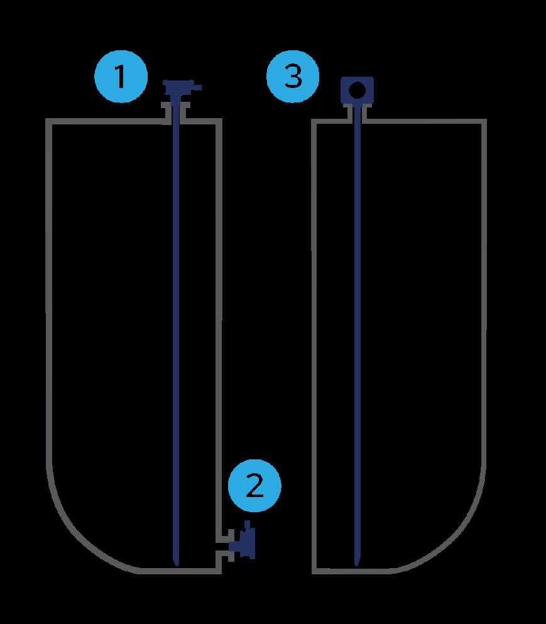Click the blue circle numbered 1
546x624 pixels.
tap(121, 78)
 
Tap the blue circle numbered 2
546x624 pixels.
tap(254, 486)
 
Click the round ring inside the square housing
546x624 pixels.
tap(356, 90)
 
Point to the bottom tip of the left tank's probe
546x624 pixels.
tap(176, 562)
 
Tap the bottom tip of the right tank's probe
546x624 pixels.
tap(356, 562)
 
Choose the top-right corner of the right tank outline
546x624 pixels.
tap(485, 121)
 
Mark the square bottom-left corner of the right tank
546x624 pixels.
tap(314, 571)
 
